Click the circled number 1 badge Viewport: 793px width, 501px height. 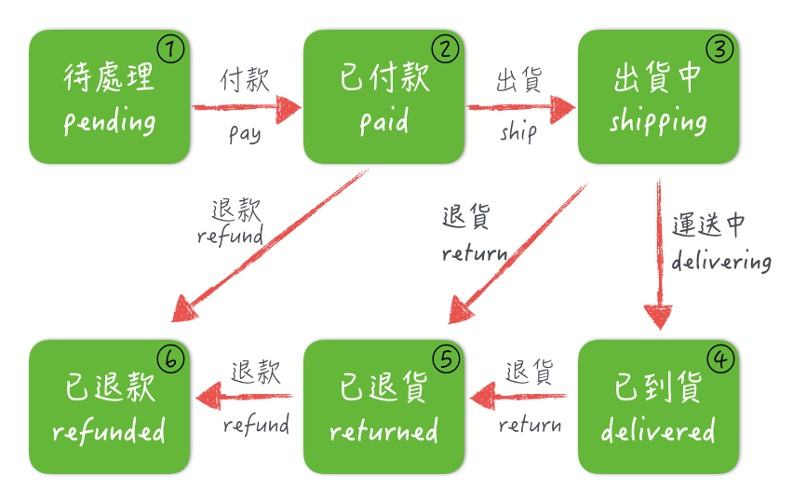pyautogui.click(x=170, y=49)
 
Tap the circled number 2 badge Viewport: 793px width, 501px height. pyautogui.click(x=445, y=49)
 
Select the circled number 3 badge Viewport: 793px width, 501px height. pyautogui.click(x=719, y=49)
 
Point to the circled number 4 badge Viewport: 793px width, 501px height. pyautogui.click(x=720, y=359)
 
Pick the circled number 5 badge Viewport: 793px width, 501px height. pyautogui.click(x=446, y=359)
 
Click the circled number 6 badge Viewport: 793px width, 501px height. pyautogui.click(x=171, y=359)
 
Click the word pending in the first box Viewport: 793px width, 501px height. pyautogui.click(x=109, y=121)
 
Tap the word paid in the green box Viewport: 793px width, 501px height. pyautogui.click(x=383, y=121)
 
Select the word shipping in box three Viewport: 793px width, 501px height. pyautogui.click(x=658, y=121)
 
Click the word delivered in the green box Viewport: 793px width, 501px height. pyautogui.click(x=658, y=430)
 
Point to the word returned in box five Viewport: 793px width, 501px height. pyautogui.click(x=383, y=430)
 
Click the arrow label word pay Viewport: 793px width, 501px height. pyautogui.click(x=245, y=134)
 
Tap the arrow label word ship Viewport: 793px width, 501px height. pyautogui.click(x=518, y=131)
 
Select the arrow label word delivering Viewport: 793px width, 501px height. pyautogui.click(x=721, y=261)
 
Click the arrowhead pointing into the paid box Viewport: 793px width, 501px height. pyautogui.click(x=289, y=108)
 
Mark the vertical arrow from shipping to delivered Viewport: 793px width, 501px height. pyautogui.click(x=659, y=254)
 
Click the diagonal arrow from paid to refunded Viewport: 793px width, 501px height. pyautogui.click(x=270, y=246)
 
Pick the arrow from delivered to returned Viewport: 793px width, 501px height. pyautogui.click(x=518, y=397)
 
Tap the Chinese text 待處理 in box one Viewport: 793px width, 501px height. pyautogui.click(x=108, y=77)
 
